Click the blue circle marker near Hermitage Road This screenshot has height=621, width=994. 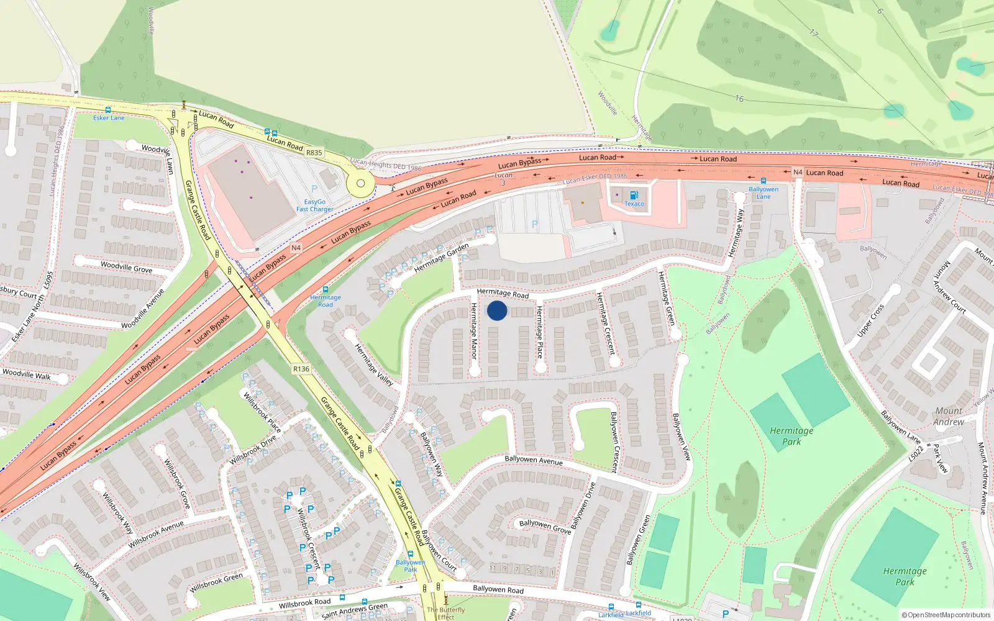[497, 310]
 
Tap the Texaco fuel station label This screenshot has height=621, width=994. [634, 204]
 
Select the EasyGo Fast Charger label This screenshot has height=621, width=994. [314, 206]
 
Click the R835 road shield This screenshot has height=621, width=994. [314, 152]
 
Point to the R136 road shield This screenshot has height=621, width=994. [301, 369]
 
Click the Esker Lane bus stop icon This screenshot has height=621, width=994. [108, 110]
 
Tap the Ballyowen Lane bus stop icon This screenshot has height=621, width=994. [764, 181]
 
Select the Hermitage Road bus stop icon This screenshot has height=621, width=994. [326, 289]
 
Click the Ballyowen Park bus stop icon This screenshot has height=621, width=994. [410, 554]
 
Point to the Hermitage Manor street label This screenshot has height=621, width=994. [473, 330]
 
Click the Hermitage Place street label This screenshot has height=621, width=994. [539, 332]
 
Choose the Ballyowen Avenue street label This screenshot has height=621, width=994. [534, 460]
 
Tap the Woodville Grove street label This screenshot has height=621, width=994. [126, 267]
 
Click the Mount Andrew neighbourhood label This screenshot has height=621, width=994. [949, 416]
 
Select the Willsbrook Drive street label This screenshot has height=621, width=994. [253, 450]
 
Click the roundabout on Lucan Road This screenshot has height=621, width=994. [360, 183]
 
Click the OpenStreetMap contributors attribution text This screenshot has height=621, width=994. [946, 615]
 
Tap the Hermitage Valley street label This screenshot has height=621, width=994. [374, 365]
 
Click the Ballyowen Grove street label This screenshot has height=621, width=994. [545, 527]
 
